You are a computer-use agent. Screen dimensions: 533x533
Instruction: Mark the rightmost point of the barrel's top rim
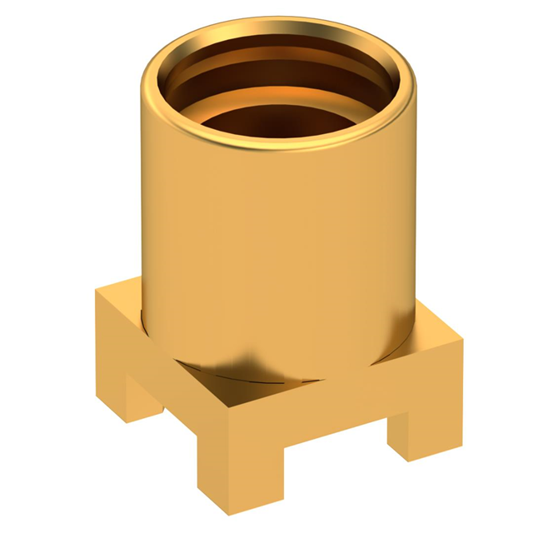pos(416,83)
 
